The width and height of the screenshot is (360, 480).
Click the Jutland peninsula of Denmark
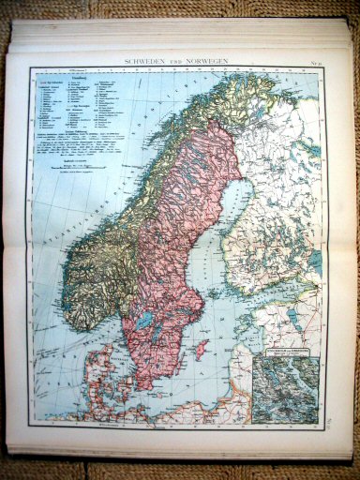[95, 375]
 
